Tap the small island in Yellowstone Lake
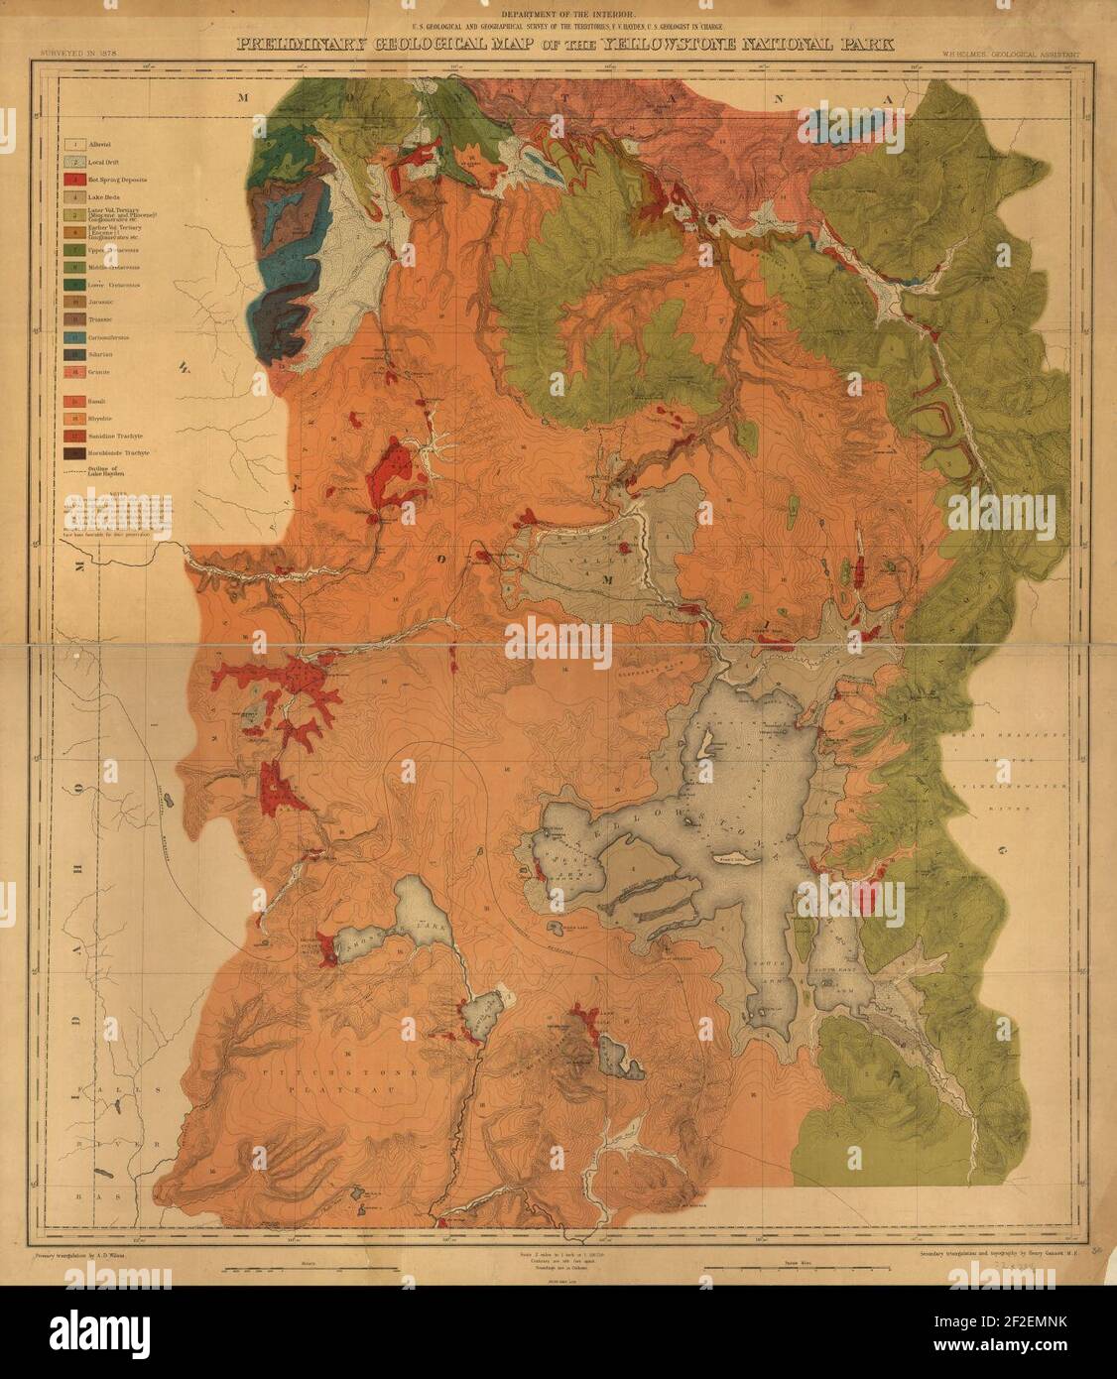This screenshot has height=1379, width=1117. pos(703,744)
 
